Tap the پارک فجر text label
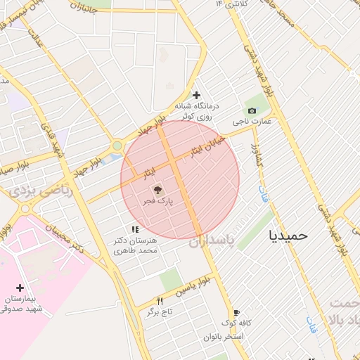[x=158, y=200]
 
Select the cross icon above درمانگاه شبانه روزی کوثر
[x=196, y=95]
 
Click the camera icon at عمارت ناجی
[x=252, y=110]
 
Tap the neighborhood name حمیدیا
[x=289, y=236]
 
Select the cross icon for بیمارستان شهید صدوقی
[x=20, y=288]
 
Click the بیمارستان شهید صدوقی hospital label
[x=22, y=304]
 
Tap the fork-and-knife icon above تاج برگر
[x=160, y=301]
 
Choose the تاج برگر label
[x=160, y=312]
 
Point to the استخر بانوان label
[x=224, y=337]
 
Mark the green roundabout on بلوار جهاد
[x=117, y=146]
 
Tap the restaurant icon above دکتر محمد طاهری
[x=134, y=229]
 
